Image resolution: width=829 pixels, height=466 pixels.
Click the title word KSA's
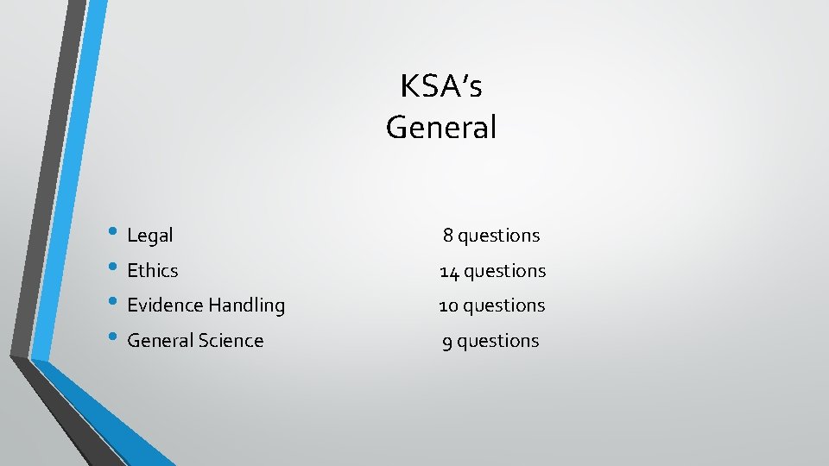(x=441, y=86)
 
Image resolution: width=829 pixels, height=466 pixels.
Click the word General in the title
(x=441, y=128)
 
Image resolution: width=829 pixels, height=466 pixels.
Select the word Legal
(x=150, y=235)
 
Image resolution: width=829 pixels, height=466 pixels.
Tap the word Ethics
(x=153, y=270)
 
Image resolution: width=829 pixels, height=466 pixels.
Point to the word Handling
(x=245, y=305)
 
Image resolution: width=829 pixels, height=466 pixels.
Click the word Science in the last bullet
(x=231, y=340)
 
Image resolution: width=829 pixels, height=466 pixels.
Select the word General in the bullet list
(x=160, y=340)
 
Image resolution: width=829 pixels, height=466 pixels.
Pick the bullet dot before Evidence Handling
(x=116, y=303)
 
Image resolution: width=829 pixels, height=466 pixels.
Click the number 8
(x=448, y=235)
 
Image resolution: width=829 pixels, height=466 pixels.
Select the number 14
(x=449, y=271)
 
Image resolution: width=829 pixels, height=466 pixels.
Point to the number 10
(x=449, y=305)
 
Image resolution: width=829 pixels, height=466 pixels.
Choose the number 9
(x=447, y=342)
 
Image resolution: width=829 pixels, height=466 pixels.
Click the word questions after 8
(x=499, y=236)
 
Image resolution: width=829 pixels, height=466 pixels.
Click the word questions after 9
(x=498, y=342)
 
